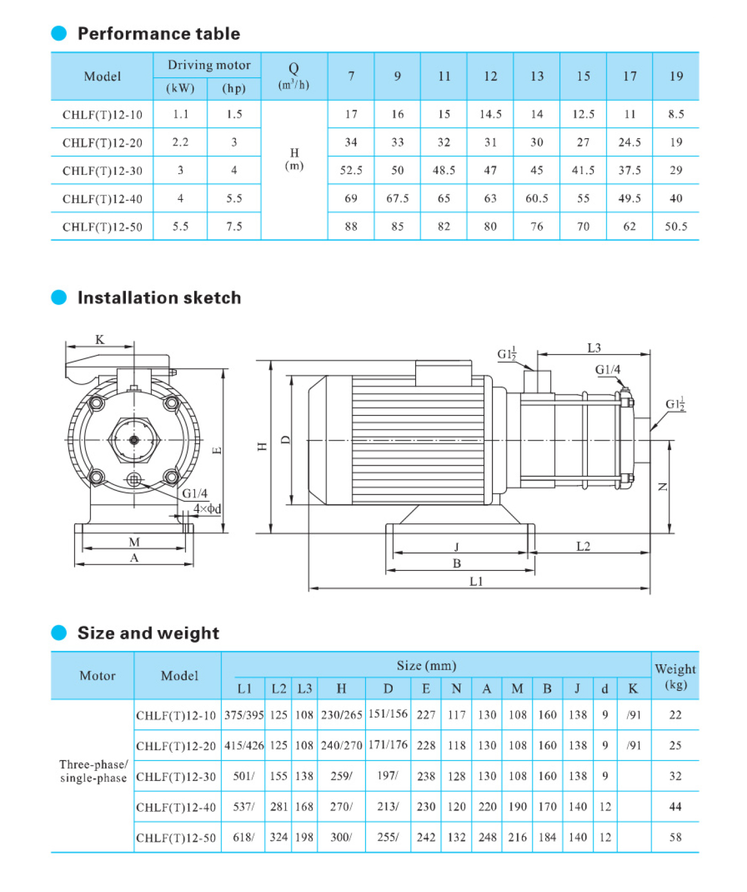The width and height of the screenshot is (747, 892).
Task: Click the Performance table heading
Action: [x=158, y=34]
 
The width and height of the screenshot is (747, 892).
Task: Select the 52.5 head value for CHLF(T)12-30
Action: [x=351, y=170]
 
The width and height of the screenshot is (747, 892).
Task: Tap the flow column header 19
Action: [x=676, y=76]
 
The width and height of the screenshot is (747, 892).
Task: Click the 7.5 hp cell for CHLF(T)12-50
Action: [x=234, y=227]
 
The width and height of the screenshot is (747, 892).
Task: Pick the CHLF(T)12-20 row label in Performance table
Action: [x=102, y=143]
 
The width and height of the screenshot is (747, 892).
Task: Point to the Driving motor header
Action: [x=209, y=65]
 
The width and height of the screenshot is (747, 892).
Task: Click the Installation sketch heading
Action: [x=159, y=298]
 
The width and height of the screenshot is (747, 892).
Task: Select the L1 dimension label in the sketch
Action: [x=476, y=582]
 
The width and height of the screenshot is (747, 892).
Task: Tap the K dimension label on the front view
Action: [x=100, y=340]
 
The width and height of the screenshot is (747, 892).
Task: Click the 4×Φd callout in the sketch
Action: [x=207, y=509]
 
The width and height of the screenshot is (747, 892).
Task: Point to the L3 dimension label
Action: [x=594, y=348]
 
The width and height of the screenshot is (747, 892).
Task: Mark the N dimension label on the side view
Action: [x=663, y=487]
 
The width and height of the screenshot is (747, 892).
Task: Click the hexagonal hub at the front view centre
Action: [x=134, y=440]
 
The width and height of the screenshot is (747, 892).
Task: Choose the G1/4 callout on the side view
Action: [x=608, y=370]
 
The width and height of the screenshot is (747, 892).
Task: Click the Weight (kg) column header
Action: [x=675, y=676]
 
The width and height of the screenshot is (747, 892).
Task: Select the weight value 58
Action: [x=675, y=837]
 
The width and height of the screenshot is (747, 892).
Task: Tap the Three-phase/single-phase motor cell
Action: [x=93, y=771]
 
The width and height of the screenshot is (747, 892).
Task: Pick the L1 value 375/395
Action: [x=244, y=715]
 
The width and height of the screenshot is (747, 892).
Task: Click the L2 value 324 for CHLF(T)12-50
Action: [x=279, y=837]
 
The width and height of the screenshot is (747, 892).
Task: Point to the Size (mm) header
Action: [x=426, y=666]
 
